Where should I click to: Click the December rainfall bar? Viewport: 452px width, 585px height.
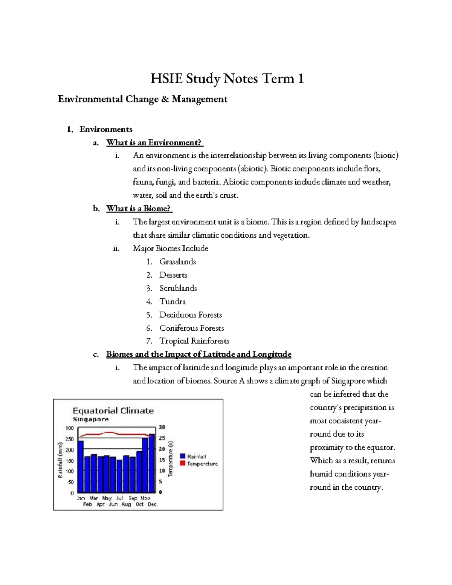tap(152, 463)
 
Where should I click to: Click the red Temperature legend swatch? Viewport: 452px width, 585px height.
tap(183, 463)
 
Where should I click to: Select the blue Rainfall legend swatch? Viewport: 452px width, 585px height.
tap(183, 456)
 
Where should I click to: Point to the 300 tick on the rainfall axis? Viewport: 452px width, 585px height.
tap(70, 428)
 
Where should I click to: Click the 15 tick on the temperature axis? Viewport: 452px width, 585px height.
tap(162, 460)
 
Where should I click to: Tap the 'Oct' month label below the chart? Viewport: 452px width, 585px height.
tap(140, 504)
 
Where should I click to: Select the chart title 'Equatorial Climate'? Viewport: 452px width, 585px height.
tap(113, 411)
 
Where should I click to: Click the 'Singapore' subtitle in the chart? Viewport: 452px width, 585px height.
tap(90, 419)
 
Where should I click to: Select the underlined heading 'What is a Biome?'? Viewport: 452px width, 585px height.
tap(139, 208)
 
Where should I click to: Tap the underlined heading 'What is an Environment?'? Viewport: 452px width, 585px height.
tap(154, 142)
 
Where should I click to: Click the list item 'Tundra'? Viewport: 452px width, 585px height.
tap(173, 301)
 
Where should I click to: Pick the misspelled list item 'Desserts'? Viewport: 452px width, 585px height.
tap(173, 275)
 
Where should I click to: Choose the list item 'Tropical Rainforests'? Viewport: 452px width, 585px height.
tap(194, 341)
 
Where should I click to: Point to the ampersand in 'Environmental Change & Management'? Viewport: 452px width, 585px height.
tap(165, 99)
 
